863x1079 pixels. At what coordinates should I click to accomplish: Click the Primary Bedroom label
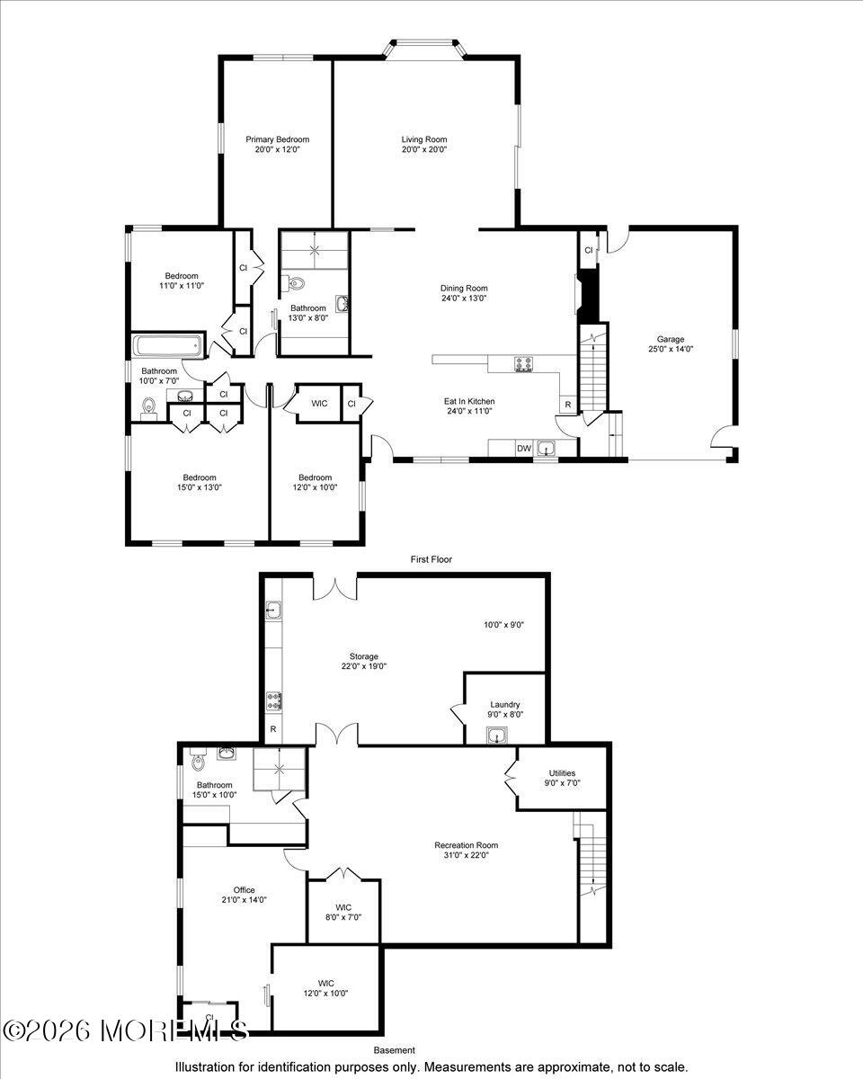coord(277,139)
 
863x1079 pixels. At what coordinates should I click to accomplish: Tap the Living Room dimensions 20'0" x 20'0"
coord(424,149)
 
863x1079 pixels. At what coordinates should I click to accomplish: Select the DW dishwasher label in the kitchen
coord(524,449)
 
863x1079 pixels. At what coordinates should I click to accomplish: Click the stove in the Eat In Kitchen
coord(523,364)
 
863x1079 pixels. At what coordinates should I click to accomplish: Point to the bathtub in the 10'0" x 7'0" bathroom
coord(168,345)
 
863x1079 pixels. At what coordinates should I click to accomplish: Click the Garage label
coord(671,340)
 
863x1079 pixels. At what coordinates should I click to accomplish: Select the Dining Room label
coord(464,289)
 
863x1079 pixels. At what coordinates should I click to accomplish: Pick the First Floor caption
coord(431,559)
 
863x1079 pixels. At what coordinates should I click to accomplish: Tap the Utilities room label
coord(562,773)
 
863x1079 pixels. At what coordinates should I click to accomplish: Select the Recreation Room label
coord(467,845)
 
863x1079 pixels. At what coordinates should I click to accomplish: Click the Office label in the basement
coord(245,890)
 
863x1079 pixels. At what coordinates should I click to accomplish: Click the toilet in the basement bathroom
coord(199,759)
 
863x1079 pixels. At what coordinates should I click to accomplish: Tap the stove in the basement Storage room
coord(273,700)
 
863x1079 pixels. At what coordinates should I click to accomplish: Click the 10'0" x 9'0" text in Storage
coord(504,625)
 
